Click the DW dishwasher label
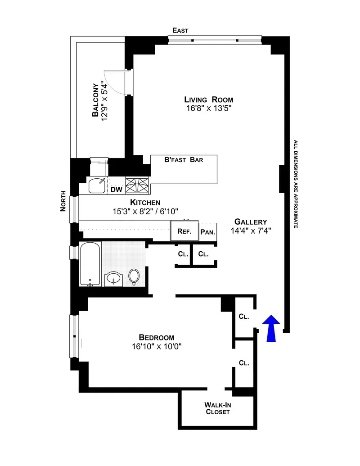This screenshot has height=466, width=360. [x=117, y=190]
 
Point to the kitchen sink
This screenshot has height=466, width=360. [x=98, y=185]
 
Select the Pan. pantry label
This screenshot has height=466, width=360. [x=208, y=232]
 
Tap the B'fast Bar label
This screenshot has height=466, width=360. [x=184, y=160]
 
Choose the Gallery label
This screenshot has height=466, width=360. [x=251, y=222]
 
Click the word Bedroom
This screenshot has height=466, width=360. [x=156, y=337]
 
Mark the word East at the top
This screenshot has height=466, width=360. [x=180, y=30]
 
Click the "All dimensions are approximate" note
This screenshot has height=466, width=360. [x=296, y=184]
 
